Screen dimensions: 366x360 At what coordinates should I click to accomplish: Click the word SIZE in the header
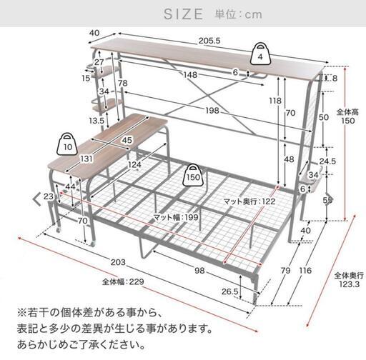coord(184,14)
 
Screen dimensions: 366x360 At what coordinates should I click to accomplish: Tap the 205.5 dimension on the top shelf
coord(209,41)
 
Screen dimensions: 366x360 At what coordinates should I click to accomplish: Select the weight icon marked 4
coord(260,54)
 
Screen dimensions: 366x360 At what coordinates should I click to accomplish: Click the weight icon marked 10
coord(68,144)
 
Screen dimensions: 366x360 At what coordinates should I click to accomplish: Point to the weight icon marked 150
coord(193,175)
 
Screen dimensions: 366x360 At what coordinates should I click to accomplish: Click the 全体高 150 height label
coord(347,116)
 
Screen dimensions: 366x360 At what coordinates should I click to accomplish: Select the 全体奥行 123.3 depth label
coord(349,280)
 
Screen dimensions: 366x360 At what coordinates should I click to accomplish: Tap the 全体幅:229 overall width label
coord(123,282)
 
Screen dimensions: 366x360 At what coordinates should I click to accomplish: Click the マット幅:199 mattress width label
coord(176,217)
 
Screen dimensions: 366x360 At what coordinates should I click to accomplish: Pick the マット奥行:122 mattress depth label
coord(249,201)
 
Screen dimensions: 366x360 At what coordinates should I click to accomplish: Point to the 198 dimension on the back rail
coord(212,111)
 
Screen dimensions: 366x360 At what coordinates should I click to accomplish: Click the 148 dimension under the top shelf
coord(191,75)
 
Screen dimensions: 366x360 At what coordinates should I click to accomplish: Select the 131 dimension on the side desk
coord(86,159)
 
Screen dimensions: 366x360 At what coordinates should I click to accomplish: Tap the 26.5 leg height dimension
coord(230,291)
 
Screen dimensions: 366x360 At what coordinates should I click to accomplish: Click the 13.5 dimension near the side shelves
coord(97,121)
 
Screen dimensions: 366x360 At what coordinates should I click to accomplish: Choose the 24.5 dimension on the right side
coord(327,161)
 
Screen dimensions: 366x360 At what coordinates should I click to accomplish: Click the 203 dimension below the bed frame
coord(118,262)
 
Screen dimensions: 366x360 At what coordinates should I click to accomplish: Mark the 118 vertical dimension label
coord(275,101)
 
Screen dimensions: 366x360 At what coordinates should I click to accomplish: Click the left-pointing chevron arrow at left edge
coord(37,199)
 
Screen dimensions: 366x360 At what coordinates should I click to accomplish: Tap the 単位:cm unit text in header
coord(238,14)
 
